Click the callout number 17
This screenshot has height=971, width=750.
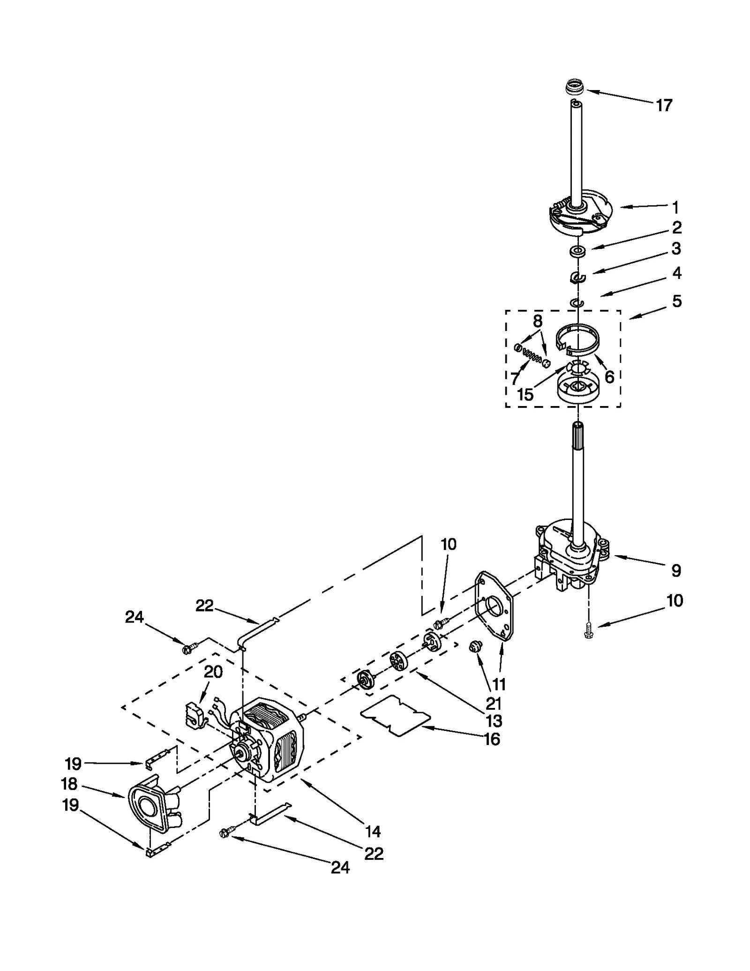coord(664,106)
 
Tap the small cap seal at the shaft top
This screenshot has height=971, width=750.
coord(572,87)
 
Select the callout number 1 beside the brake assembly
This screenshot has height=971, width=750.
coord(675,207)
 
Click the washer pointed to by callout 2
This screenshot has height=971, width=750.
coord(578,252)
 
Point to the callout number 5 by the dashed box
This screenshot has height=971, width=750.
coord(676,301)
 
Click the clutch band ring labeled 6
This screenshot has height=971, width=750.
coord(577,339)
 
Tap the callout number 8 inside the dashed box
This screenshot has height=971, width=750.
coord(538,321)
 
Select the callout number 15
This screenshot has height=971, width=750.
coord(525,395)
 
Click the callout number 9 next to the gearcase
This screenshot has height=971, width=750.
coord(675,571)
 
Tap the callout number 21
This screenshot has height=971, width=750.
coord(493,703)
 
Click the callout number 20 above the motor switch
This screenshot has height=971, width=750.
coord(213,672)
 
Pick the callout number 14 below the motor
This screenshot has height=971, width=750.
coord(373,831)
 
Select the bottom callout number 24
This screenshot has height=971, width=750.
coord(340,867)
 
